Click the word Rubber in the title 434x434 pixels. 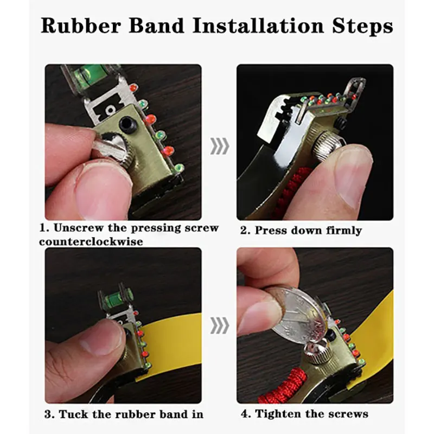pos(81,25)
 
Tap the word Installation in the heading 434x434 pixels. pos(259,25)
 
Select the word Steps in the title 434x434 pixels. pos(362,27)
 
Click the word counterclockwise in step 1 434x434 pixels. pos(91,241)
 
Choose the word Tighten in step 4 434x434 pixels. pos(278,414)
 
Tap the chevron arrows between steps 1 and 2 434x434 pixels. pos(220,146)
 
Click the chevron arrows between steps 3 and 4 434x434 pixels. pos(220,325)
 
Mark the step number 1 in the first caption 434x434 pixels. pos(43,228)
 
